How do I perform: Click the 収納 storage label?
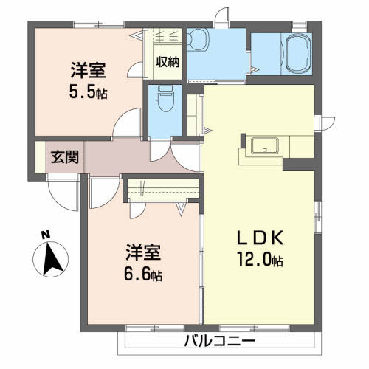[x=167, y=61]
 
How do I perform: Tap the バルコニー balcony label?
[x=219, y=342]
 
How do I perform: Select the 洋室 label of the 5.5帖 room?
[x=88, y=72]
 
